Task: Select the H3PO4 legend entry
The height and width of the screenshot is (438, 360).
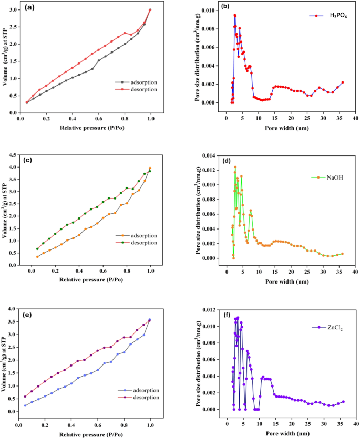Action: pos(334,16)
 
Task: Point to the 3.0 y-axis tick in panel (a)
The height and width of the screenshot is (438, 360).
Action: pos(12,9)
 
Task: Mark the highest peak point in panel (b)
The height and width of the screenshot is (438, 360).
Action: pos(234,15)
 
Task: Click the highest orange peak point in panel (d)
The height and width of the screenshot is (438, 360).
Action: pos(235,167)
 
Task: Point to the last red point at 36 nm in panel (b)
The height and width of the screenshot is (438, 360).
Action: pos(343,82)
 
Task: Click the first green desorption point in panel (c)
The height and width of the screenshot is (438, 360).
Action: pos(37,249)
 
